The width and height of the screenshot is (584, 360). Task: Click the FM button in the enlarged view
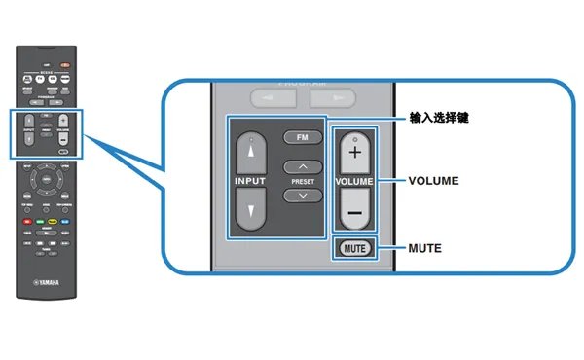point(303,138)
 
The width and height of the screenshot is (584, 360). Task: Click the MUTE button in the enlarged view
point(354,248)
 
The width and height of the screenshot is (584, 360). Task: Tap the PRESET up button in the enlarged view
point(303,167)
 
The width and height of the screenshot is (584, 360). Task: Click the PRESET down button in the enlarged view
point(303,195)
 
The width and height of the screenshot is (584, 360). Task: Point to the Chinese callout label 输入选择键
point(439,117)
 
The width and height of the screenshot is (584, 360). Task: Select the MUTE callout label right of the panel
point(424,248)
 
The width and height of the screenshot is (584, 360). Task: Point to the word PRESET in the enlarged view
point(303,181)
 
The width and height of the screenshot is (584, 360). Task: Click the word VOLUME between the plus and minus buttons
point(354,182)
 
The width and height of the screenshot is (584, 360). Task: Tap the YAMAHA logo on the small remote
point(44,281)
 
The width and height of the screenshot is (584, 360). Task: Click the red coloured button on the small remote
point(26,222)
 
